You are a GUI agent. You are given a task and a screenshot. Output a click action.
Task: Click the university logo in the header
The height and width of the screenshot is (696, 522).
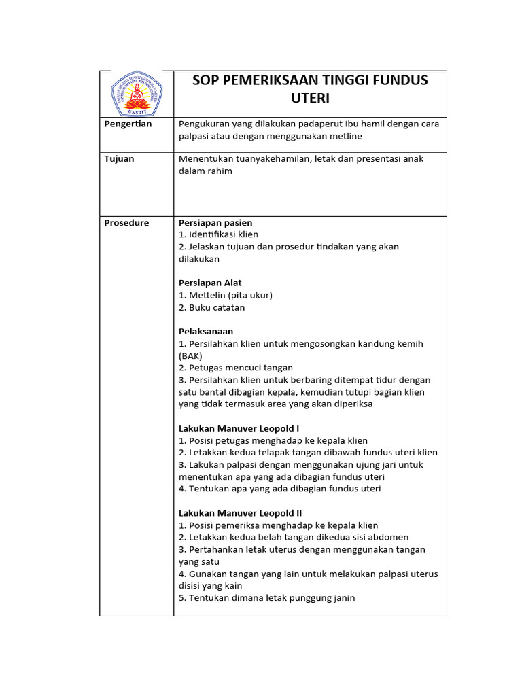[137, 94]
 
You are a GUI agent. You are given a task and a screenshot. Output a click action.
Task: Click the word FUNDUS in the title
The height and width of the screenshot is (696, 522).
[398, 80]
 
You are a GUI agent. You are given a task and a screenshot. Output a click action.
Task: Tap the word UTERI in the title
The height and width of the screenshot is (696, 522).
[310, 99]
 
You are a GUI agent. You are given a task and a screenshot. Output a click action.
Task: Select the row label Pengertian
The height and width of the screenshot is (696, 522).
[128, 124]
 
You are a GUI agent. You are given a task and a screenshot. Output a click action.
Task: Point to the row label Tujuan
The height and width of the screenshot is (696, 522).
[119, 159]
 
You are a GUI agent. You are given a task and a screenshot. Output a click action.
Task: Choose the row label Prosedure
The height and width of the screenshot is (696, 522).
[126, 223]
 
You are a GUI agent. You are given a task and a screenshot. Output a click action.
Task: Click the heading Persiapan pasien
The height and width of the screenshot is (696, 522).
[215, 223]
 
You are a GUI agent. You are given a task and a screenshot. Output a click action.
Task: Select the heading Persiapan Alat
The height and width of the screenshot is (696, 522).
[210, 283]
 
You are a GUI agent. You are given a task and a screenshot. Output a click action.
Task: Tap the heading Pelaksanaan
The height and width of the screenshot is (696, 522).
[206, 332]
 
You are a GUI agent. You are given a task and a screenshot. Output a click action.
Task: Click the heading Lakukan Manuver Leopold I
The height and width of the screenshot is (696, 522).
[239, 429]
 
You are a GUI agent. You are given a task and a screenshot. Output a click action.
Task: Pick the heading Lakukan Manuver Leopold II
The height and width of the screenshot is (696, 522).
[240, 513]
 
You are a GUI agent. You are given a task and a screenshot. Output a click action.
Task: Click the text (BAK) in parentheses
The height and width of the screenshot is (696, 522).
[190, 356]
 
